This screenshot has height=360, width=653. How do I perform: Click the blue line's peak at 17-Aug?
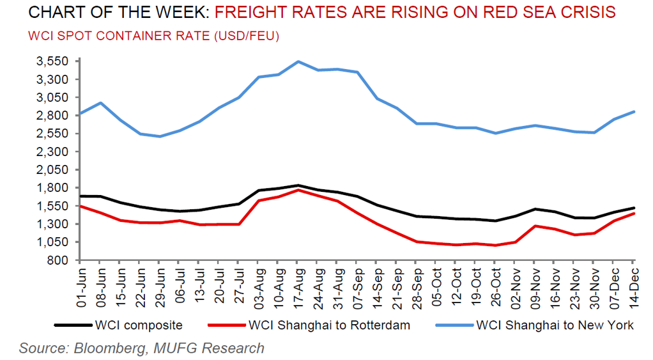point(298,61)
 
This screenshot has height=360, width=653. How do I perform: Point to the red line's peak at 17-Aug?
point(298,190)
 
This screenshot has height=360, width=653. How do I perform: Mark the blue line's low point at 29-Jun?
point(160,136)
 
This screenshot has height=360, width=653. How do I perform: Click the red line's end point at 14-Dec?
point(634,213)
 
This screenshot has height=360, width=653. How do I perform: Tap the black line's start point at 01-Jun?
point(80,196)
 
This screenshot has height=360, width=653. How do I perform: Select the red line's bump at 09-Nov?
point(535,226)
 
